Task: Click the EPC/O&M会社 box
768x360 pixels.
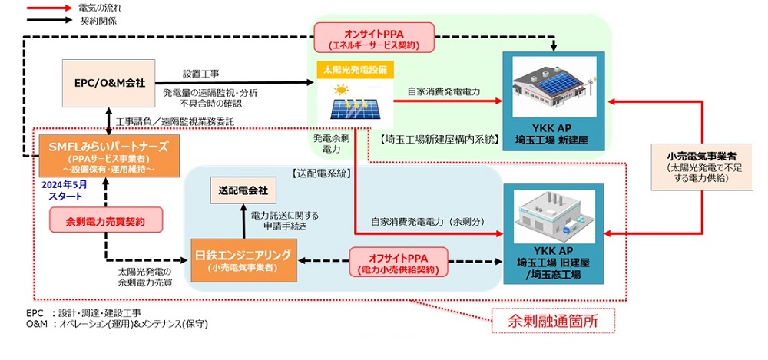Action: click(108, 82)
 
